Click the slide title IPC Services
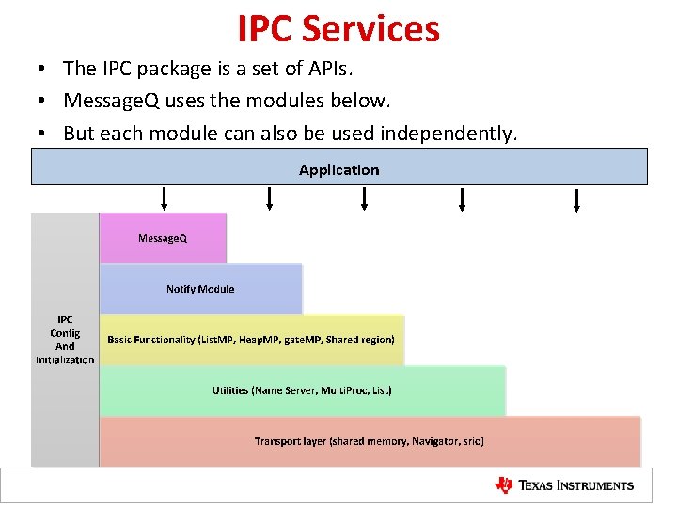pos(338,28)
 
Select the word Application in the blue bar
pos(339,170)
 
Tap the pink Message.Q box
pos(163,238)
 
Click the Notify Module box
pos(200,289)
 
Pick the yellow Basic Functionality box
pos(251,340)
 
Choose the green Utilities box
pos(302,390)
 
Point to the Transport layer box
pos(370,441)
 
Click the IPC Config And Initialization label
pos(65,340)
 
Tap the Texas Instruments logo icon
pos(504,485)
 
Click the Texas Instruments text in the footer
pos(576,486)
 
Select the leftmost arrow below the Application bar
pos(165,198)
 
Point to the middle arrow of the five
pos(364,198)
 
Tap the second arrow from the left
pos(270,198)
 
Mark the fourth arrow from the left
pos(462,198)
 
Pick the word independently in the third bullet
pos(448,134)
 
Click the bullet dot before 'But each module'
pos(43,134)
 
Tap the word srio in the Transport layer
pos(472,441)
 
